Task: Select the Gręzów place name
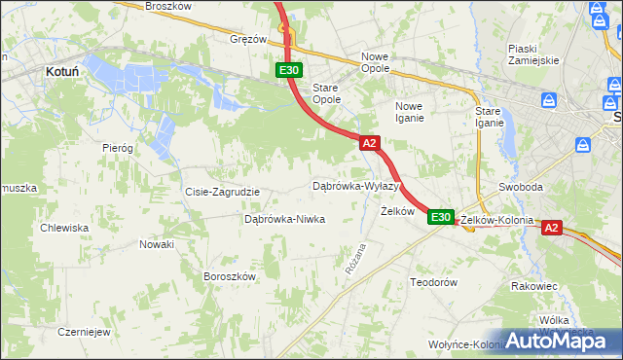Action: click(x=248, y=40)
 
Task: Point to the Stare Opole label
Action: click(x=326, y=93)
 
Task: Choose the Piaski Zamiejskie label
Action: click(x=532, y=54)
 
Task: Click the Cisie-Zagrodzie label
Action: click(x=222, y=192)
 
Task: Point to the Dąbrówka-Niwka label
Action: click(x=284, y=219)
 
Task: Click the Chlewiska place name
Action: click(x=64, y=228)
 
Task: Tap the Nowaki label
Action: click(x=156, y=244)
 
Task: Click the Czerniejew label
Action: click(x=83, y=331)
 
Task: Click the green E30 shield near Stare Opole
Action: click(x=289, y=70)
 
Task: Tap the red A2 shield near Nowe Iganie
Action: click(x=369, y=143)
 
